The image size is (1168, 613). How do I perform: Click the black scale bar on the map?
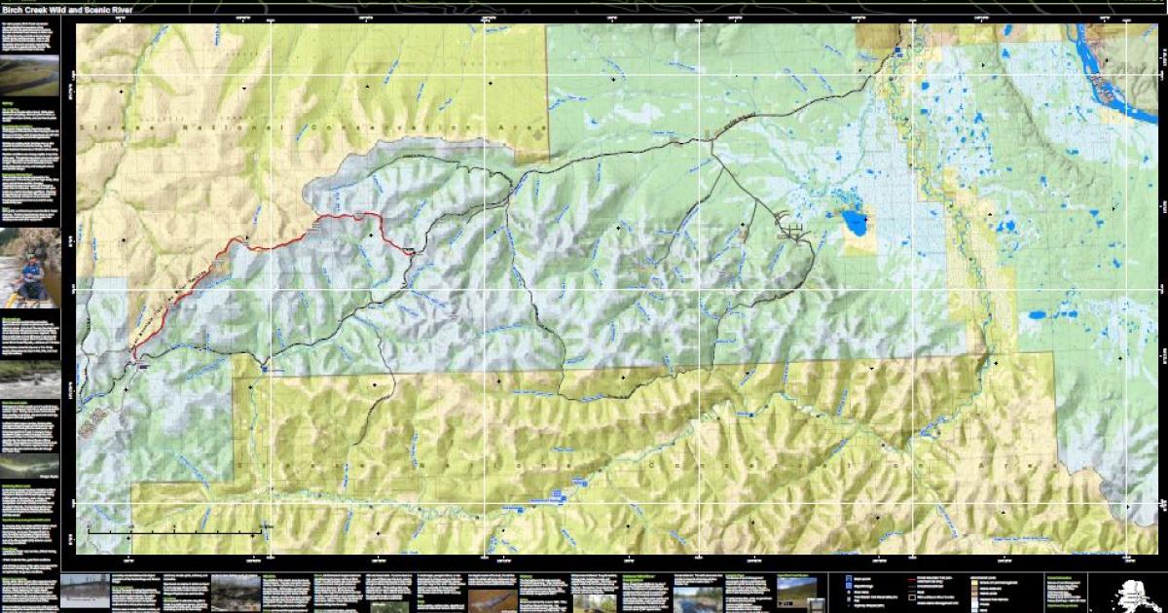coord(175,532)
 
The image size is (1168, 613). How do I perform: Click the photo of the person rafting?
coord(30,264)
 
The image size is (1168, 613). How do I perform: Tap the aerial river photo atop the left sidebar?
coord(30,76)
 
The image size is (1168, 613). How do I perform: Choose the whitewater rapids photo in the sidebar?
coord(30,380)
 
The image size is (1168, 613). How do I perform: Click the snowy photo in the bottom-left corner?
coord(85,592)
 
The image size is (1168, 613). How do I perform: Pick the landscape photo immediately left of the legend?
coord(797,592)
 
